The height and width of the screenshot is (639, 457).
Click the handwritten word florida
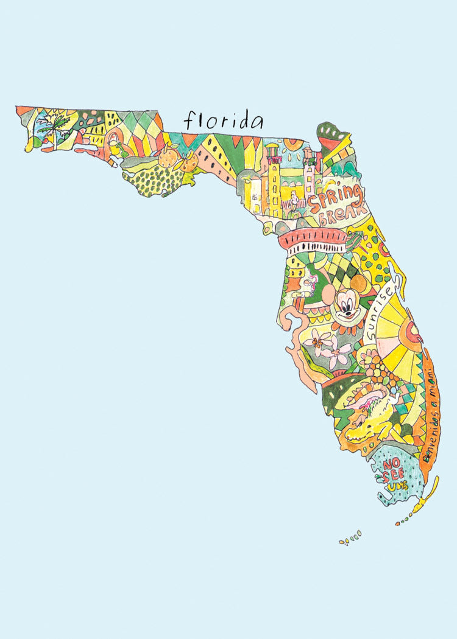(x=224, y=120)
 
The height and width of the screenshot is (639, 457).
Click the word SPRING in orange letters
(x=335, y=198)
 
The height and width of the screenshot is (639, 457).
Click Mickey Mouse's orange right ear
(x=360, y=284)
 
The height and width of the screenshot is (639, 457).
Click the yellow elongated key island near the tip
(x=420, y=505)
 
